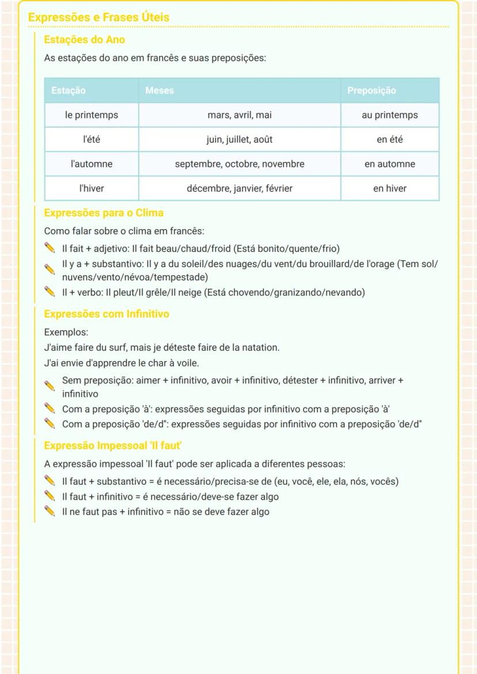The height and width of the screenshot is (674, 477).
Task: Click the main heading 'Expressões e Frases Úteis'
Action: point(99,17)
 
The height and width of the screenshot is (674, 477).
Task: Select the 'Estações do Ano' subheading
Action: point(84,40)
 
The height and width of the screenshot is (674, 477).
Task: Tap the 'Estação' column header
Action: point(68,90)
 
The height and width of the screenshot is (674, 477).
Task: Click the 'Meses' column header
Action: point(159,90)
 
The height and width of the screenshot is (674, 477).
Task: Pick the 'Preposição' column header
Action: point(371,90)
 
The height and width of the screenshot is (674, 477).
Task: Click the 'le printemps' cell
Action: point(92,115)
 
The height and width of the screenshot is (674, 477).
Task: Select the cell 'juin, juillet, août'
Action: point(239,139)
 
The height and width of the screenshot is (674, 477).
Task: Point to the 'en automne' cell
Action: point(389,164)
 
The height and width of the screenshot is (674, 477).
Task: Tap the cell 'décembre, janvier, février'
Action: point(239,188)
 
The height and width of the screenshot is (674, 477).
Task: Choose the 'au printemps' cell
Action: point(389,115)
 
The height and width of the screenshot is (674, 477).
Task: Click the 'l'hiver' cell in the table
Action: point(92,188)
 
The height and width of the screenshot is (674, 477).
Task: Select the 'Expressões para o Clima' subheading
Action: point(104,213)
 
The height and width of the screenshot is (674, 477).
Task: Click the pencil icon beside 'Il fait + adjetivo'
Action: point(50,249)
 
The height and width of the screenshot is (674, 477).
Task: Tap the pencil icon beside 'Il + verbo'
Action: point(50,292)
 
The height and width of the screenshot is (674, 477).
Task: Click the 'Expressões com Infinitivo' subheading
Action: point(107,314)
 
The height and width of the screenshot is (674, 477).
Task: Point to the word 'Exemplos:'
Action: point(66,332)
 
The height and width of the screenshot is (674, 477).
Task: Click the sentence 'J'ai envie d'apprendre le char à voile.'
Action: point(122,363)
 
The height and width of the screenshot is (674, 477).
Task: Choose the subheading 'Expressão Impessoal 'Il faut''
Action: point(113,445)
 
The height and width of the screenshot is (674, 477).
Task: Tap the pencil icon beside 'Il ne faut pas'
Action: point(50,511)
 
